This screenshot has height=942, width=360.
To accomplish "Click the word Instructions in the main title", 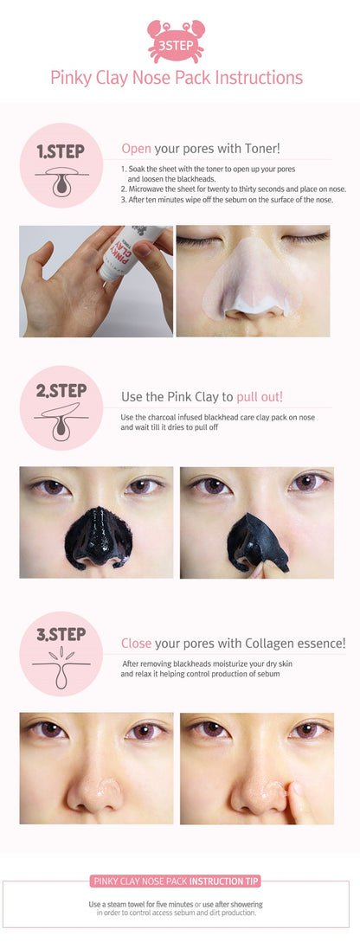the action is (260, 78).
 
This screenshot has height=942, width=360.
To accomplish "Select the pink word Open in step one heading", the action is (137, 148).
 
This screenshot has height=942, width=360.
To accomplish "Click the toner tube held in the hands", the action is (128, 253).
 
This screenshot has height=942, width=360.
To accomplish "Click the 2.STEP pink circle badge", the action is (61, 407).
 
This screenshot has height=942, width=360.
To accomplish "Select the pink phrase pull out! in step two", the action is (260, 396).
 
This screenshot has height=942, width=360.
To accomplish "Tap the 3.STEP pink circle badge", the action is (61, 654).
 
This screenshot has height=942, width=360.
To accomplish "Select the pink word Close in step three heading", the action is (137, 644).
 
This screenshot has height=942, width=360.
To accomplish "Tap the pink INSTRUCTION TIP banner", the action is (176, 881).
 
